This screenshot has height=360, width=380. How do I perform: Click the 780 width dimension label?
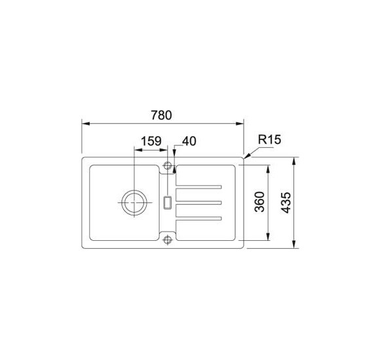161,115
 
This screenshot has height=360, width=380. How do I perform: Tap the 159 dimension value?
151,141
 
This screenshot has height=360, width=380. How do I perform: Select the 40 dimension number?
189,141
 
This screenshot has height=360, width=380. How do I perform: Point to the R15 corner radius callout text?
269,139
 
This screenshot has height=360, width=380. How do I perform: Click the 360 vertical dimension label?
259,202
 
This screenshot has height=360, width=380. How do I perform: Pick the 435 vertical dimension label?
286,203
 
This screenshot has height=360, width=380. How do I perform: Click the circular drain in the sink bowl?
134,202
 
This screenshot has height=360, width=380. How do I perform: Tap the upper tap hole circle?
168,166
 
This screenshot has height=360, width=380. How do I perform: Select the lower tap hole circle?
168,240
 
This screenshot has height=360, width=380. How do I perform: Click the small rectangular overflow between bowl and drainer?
168,202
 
